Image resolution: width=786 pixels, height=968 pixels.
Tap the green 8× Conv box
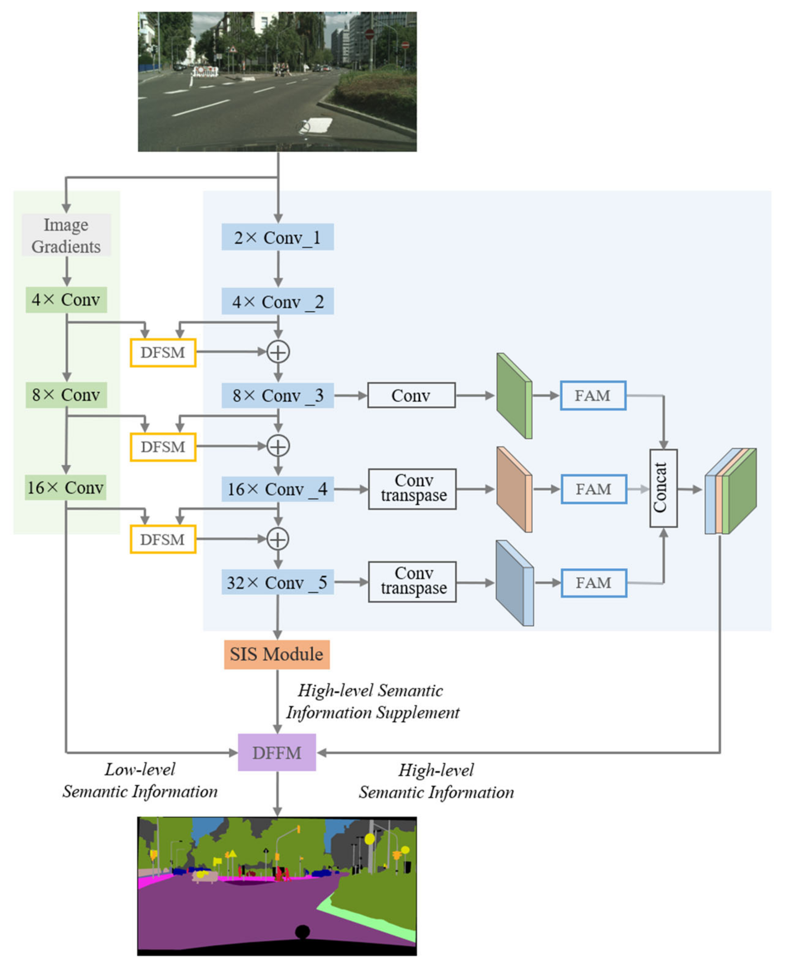66,395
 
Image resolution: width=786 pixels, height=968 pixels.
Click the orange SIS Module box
277,654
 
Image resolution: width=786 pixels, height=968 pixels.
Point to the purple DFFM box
277,753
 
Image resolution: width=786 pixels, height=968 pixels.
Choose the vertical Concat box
663,488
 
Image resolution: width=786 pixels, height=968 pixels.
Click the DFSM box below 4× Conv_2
163,352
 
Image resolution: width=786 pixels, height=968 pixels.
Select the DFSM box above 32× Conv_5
163,539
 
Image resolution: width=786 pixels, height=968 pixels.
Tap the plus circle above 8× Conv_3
278,352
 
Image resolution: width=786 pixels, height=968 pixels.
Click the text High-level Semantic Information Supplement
372,701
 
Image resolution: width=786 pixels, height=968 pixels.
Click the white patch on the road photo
317,125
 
